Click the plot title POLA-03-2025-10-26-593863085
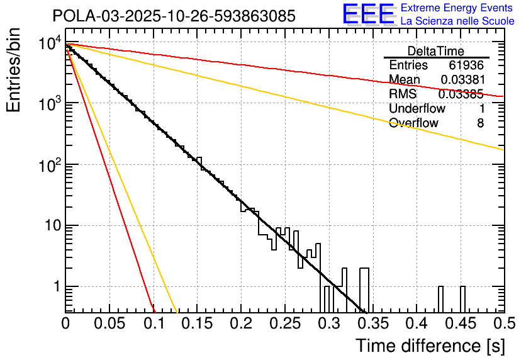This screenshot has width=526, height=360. click(174, 16)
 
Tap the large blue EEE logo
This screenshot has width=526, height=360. click(368, 14)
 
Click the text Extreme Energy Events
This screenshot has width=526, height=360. click(457, 8)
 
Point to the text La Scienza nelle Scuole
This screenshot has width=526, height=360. click(457, 21)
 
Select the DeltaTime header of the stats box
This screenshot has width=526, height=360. click(435, 50)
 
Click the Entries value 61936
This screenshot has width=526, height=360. click(466, 65)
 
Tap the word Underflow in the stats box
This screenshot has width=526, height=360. click(417, 108)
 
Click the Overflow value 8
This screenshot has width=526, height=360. click(480, 123)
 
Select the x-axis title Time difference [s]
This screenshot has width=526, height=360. click(429, 346)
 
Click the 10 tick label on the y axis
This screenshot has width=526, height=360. click(50, 226)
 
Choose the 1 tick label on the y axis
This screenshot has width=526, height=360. click(55, 287)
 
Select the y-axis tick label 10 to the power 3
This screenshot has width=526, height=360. click(48, 103)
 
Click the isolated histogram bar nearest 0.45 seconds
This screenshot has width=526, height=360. click(462, 299)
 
